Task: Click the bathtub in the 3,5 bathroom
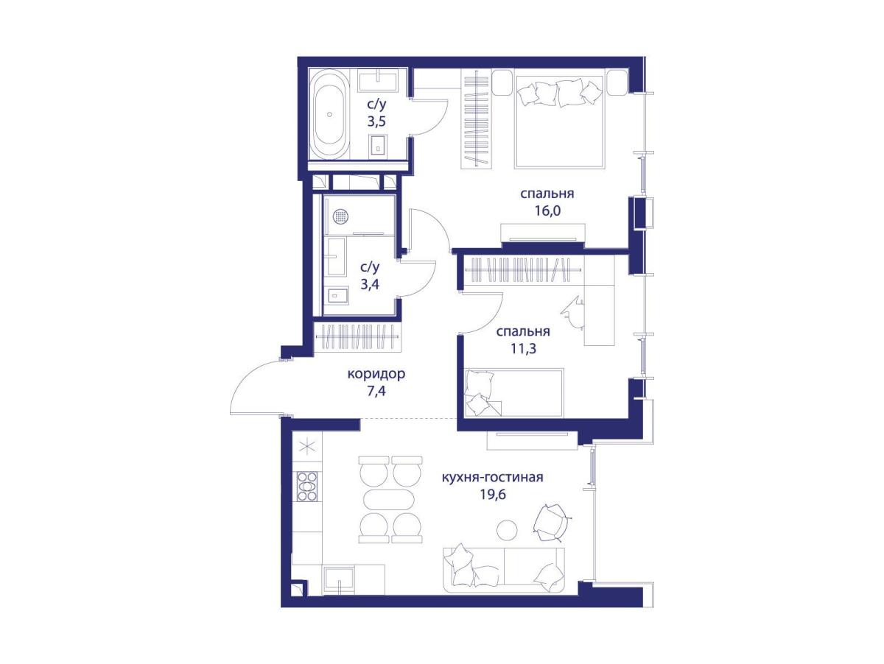(329, 115)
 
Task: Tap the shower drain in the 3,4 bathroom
(340, 216)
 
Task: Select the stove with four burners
(307, 487)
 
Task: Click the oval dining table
(389, 501)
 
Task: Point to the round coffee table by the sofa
(507, 529)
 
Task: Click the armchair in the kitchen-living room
(551, 523)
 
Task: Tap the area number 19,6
(493, 494)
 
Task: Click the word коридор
(376, 374)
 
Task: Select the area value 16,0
(547, 211)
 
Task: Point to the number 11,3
(524, 348)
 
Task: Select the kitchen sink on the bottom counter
(339, 579)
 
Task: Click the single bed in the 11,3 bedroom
(514, 392)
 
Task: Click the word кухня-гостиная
(493, 477)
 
